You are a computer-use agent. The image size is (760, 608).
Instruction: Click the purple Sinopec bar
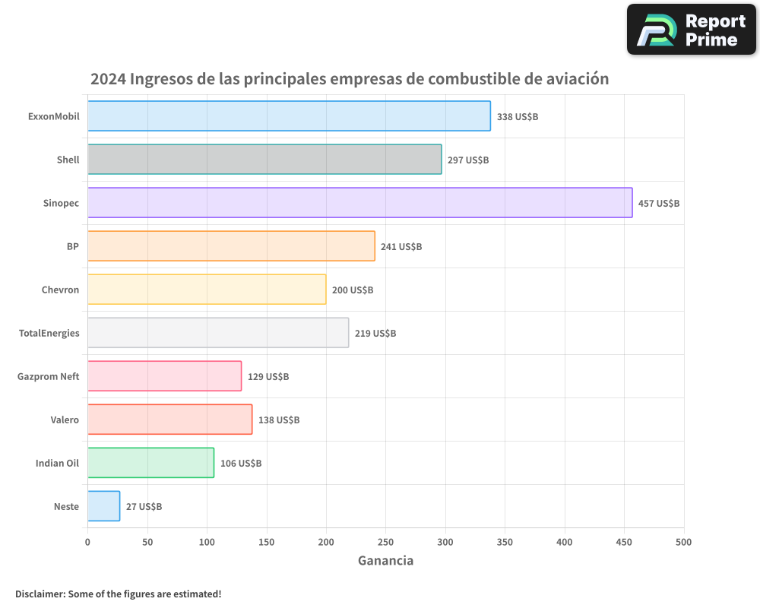pyautogui.click(x=359, y=203)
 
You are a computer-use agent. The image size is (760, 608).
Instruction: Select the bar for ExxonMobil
pyautogui.click(x=289, y=116)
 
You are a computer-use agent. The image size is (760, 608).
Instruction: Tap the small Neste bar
pyautogui.click(x=103, y=506)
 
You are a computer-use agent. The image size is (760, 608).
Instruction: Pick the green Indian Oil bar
pyautogui.click(x=150, y=463)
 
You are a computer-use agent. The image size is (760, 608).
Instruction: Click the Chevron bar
pyautogui.click(x=207, y=290)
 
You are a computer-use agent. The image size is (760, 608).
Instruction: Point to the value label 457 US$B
pyautogui.click(x=658, y=204)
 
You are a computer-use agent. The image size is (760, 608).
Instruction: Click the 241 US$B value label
pyautogui.click(x=401, y=247)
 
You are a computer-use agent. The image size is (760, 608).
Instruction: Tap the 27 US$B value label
pyautogui.click(x=144, y=507)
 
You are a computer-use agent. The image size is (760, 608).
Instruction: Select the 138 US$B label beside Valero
pyautogui.click(x=278, y=420)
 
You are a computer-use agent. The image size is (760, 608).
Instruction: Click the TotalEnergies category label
pyautogui.click(x=49, y=333)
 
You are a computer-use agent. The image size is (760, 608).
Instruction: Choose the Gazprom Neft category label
pyautogui.click(x=48, y=376)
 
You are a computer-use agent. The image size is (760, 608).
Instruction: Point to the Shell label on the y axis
pyautogui.click(x=68, y=160)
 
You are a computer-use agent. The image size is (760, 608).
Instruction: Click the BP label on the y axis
pyautogui.click(x=72, y=246)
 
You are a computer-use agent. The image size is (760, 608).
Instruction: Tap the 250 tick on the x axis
pyautogui.click(x=385, y=542)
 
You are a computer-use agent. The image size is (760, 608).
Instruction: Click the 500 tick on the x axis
pyautogui.click(x=683, y=542)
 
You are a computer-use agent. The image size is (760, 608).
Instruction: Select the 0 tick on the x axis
pyautogui.click(x=87, y=542)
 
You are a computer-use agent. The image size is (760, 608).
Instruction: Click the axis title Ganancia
pyautogui.click(x=385, y=561)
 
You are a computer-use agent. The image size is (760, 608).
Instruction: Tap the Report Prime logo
pyautogui.click(x=691, y=30)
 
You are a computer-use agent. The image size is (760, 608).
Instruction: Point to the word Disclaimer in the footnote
pyautogui.click(x=40, y=594)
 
